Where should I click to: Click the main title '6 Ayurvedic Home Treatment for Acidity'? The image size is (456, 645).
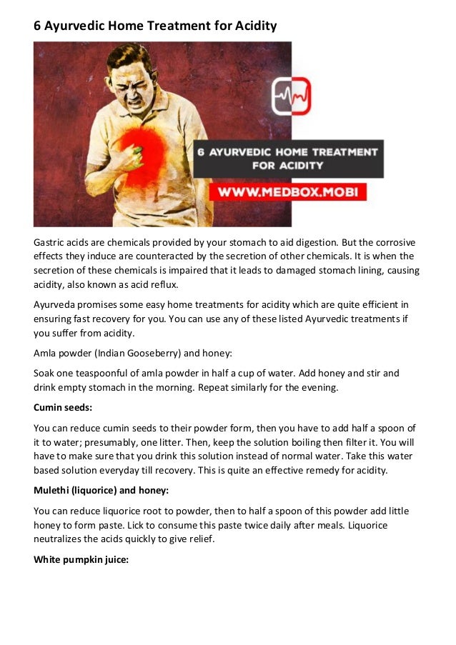coord(155,26)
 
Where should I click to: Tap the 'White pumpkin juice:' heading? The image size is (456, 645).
coord(81,559)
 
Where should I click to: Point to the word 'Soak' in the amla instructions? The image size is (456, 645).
coord(45,372)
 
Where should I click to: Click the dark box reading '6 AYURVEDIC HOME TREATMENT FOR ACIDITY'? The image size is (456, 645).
coord(288,159)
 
